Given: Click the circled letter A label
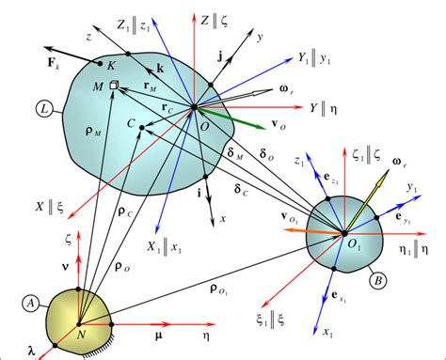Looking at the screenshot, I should click(30, 303).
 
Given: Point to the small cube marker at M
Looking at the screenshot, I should click(114, 86).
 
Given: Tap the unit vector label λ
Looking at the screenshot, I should click(33, 351).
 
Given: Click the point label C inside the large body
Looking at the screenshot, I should click(133, 123).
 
